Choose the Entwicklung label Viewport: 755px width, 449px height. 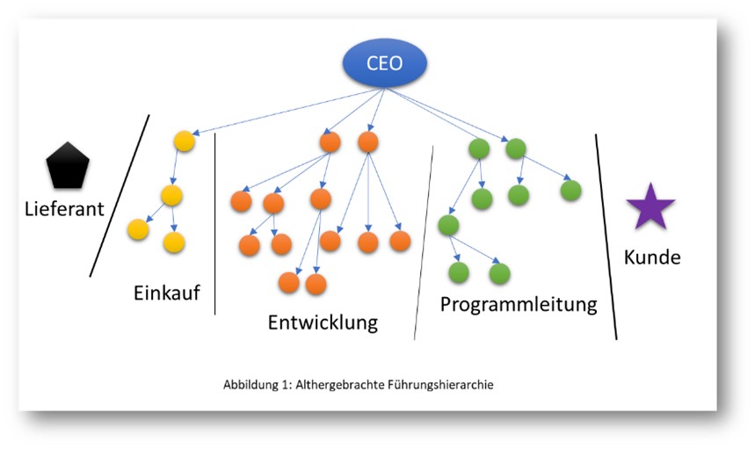click(323, 322)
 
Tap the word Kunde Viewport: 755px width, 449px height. click(651, 257)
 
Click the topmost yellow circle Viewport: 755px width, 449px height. click(184, 141)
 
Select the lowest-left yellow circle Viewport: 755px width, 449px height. click(138, 230)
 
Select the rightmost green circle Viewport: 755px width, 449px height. click(570, 190)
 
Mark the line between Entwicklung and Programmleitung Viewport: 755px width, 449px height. click(424, 243)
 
